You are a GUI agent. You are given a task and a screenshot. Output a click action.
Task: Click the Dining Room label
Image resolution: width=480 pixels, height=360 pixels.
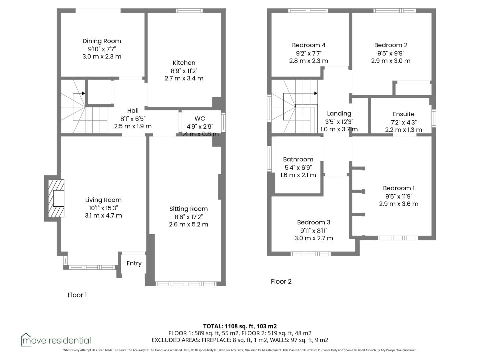102,41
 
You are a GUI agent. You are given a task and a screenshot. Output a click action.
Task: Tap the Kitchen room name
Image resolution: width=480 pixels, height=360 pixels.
184,63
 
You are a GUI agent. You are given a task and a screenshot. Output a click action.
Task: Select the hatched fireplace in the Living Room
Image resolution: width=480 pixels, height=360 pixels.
56,198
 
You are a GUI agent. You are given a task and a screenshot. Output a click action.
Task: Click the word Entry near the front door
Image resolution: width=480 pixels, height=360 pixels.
134,263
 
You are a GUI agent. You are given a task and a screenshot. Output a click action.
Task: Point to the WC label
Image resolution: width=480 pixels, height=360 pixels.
200,118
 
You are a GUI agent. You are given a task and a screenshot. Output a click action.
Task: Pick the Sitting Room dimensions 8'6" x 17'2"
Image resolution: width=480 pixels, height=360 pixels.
189,217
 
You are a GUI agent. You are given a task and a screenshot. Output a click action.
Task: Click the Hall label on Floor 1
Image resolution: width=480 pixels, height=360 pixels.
133,111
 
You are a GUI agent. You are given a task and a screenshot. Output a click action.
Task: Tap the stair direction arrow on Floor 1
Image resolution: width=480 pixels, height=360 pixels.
79,93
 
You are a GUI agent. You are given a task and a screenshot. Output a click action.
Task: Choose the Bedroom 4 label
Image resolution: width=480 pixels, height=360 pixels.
309,45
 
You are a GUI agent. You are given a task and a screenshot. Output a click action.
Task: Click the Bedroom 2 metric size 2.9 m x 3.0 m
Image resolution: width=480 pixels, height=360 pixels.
391,61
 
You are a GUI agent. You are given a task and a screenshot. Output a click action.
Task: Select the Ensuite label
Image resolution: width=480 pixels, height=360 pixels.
403,114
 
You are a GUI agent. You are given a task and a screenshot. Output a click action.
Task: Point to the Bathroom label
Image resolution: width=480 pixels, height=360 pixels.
298,159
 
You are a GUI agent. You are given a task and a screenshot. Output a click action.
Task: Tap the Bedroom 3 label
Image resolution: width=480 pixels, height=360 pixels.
314,222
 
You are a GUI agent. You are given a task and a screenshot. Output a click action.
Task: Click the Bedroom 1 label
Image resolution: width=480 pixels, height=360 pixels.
399,188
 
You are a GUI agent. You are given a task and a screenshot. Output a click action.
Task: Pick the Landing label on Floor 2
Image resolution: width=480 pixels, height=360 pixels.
339,114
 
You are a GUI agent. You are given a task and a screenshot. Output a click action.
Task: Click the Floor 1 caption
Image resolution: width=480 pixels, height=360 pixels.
77,295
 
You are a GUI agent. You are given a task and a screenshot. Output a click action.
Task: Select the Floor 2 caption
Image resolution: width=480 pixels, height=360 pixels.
281,282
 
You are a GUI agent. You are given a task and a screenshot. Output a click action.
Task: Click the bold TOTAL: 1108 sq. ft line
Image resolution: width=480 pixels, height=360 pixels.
240,326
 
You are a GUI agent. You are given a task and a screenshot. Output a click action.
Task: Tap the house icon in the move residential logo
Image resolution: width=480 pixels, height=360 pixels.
26,339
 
